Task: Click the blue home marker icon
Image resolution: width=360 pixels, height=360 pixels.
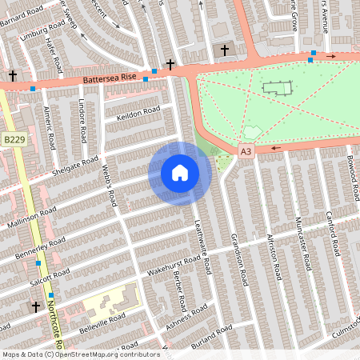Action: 179,173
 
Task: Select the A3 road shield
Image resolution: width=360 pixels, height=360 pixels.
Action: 245,150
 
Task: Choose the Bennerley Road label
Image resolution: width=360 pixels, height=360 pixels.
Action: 39,248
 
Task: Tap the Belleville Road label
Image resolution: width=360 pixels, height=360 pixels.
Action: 102,323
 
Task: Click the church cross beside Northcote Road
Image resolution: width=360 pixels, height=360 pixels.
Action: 35,306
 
